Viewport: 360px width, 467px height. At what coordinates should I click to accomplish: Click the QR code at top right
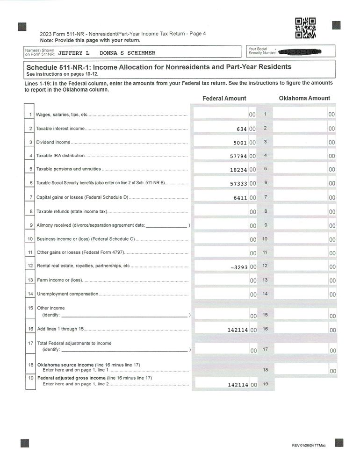pos(305,28)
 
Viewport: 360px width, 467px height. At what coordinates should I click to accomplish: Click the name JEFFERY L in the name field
pos(73,53)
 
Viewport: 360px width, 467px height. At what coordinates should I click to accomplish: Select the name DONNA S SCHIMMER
pos(127,53)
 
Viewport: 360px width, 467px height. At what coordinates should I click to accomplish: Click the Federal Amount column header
pos(224,99)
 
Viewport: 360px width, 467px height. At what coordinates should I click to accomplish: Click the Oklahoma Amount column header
pos(304,98)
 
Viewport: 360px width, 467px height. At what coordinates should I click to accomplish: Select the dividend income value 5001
pos(240,143)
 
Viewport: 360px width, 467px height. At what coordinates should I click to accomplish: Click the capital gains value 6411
pos(240,198)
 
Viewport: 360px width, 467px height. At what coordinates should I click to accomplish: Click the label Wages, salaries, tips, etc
pos(62,115)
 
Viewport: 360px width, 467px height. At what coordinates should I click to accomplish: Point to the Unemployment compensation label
pos(67,294)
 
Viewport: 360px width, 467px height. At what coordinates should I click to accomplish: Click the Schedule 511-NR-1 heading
pos(158,67)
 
